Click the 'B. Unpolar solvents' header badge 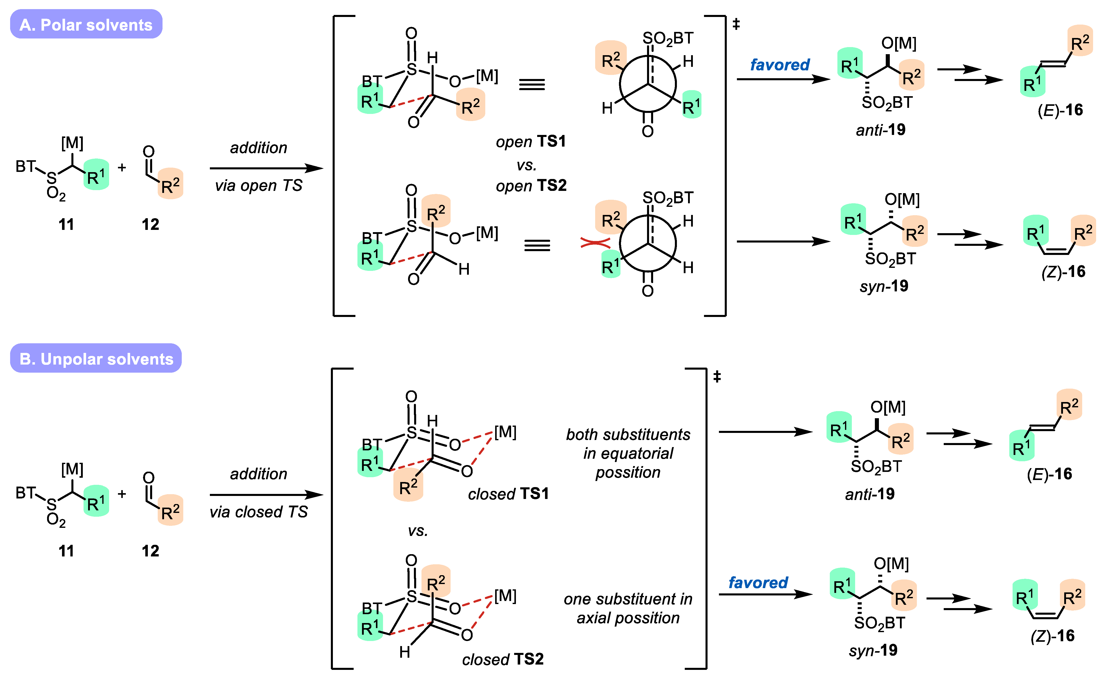coord(96,359)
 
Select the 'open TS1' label coord(531,142)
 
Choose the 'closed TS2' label coord(502,659)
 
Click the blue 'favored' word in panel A coord(780,65)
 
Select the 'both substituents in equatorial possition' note coord(628,454)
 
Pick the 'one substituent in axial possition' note coord(628,609)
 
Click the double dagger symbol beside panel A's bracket coord(736,24)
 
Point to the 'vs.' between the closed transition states coord(417,531)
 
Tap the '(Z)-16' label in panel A coord(1063,272)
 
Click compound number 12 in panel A coord(150,224)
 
